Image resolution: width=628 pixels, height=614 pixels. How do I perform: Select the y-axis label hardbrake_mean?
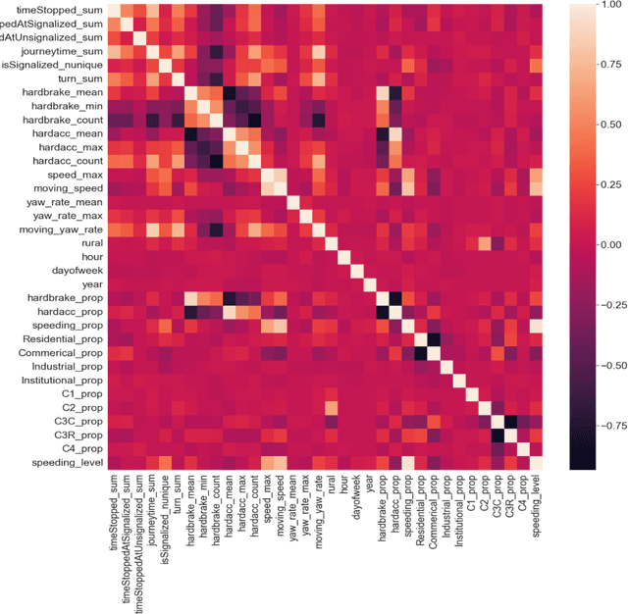click(x=53, y=91)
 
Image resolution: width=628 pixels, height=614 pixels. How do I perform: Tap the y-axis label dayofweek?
click(x=75, y=270)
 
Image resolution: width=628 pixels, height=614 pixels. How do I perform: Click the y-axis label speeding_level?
click(x=59, y=462)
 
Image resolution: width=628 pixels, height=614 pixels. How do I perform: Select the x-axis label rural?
click(x=331, y=489)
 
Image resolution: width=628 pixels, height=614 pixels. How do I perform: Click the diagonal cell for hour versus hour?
click(x=344, y=257)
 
